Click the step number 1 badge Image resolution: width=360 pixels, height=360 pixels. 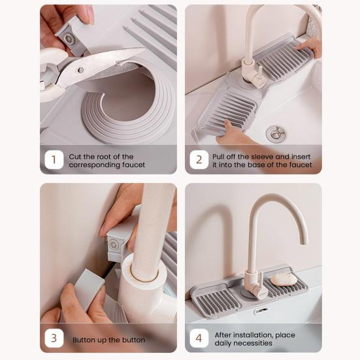[54, 159]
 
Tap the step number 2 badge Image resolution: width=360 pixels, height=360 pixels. [199, 159]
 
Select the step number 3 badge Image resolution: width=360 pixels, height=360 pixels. [54, 338]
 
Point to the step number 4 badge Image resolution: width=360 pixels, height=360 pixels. [199, 338]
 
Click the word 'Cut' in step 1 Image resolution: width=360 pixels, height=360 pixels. [75, 157]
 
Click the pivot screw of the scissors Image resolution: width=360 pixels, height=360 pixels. [80, 70]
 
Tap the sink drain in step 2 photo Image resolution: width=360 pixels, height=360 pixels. [276, 134]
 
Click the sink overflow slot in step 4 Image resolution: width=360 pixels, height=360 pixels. [261, 310]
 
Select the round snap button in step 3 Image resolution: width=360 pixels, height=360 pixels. [114, 244]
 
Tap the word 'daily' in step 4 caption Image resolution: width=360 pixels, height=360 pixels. [222, 343]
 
